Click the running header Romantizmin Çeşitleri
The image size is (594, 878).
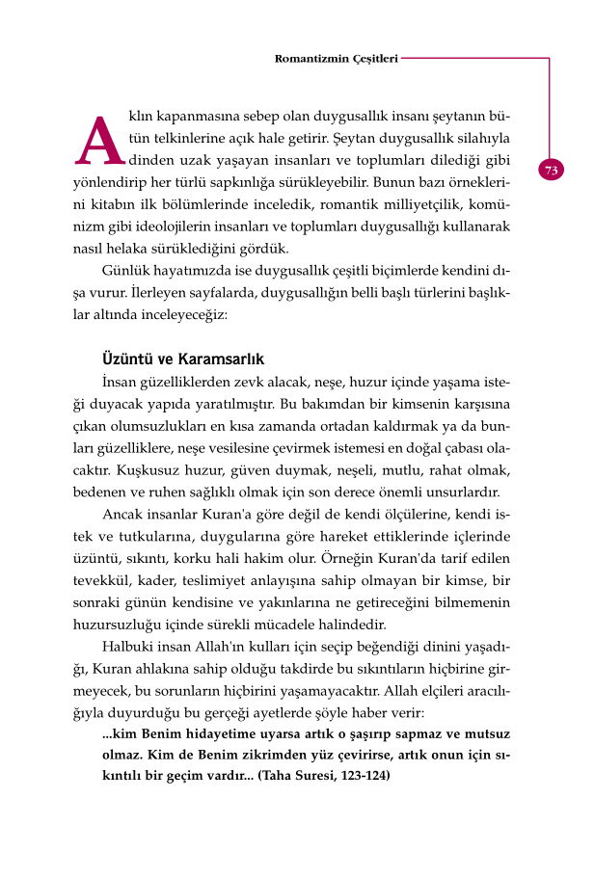point(336,58)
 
